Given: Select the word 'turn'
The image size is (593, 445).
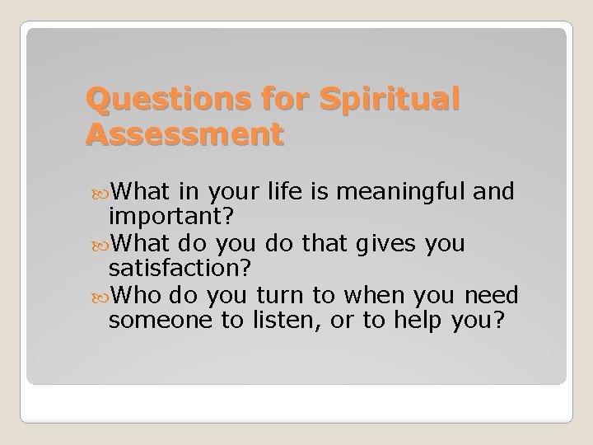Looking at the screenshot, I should point(276,294).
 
